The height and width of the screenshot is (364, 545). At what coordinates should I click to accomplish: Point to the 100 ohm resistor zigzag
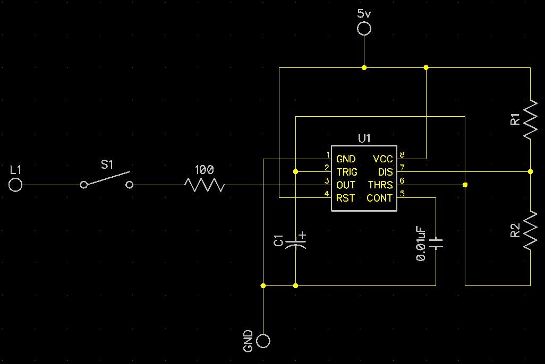click(x=205, y=185)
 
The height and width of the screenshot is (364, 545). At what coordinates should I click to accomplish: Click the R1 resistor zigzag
click(x=531, y=119)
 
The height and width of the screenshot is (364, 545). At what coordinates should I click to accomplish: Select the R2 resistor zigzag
click(x=531, y=229)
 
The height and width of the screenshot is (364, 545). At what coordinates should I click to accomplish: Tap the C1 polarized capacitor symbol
click(x=295, y=242)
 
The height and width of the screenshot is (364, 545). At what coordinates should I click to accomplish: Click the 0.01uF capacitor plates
click(x=436, y=243)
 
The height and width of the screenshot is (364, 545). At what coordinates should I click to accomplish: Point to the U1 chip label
click(x=364, y=138)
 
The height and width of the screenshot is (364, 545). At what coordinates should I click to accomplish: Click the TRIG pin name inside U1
click(x=346, y=172)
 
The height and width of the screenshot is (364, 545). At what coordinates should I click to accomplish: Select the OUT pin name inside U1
click(x=345, y=185)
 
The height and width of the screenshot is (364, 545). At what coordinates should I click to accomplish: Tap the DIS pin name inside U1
click(x=386, y=172)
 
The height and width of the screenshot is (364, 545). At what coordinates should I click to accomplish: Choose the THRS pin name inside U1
click(x=380, y=185)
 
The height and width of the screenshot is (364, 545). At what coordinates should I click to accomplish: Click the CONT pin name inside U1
click(x=380, y=198)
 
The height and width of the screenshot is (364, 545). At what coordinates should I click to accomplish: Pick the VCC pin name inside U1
click(x=382, y=159)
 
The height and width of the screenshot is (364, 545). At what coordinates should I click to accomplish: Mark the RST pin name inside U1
click(x=345, y=198)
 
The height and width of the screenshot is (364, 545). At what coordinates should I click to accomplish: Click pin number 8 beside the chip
click(x=402, y=154)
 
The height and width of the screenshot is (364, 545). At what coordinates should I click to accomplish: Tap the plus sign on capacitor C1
click(x=302, y=235)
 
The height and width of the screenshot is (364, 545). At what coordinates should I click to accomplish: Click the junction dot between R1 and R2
click(x=531, y=171)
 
